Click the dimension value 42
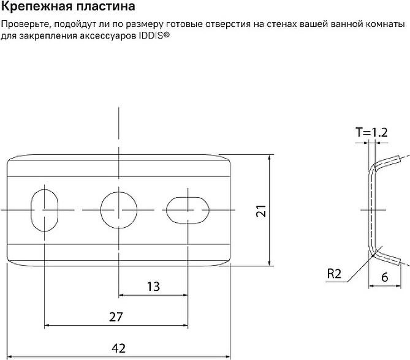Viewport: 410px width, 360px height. [x=118, y=348]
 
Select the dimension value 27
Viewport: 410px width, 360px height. [x=116, y=317]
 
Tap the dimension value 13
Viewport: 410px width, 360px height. [x=153, y=287]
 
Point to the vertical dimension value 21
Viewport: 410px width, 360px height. [x=261, y=211]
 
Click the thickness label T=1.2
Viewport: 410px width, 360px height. [x=371, y=132]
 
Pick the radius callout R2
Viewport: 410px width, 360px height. [x=334, y=274]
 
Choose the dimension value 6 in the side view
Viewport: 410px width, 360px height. [x=385, y=277]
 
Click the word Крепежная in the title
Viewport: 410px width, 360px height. [x=36, y=7]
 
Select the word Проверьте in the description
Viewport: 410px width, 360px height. [x=25, y=24]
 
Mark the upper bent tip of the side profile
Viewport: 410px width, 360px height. [x=397, y=158]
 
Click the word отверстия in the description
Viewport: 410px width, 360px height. [x=228, y=24]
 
